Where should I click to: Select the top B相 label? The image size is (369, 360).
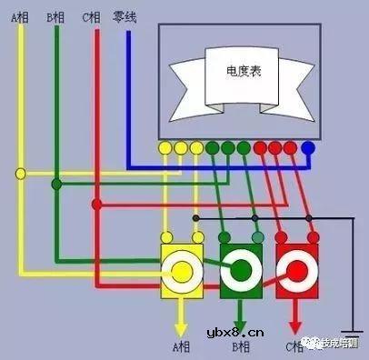56,17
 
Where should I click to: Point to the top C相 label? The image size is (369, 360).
90,17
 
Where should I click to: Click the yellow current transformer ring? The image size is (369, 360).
181,270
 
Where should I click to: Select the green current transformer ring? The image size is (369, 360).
240,270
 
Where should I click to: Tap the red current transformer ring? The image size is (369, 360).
295,270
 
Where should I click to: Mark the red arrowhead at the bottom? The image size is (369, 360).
295,325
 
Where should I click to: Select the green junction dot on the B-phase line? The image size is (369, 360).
56,185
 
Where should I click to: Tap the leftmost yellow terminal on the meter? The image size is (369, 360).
165,147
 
